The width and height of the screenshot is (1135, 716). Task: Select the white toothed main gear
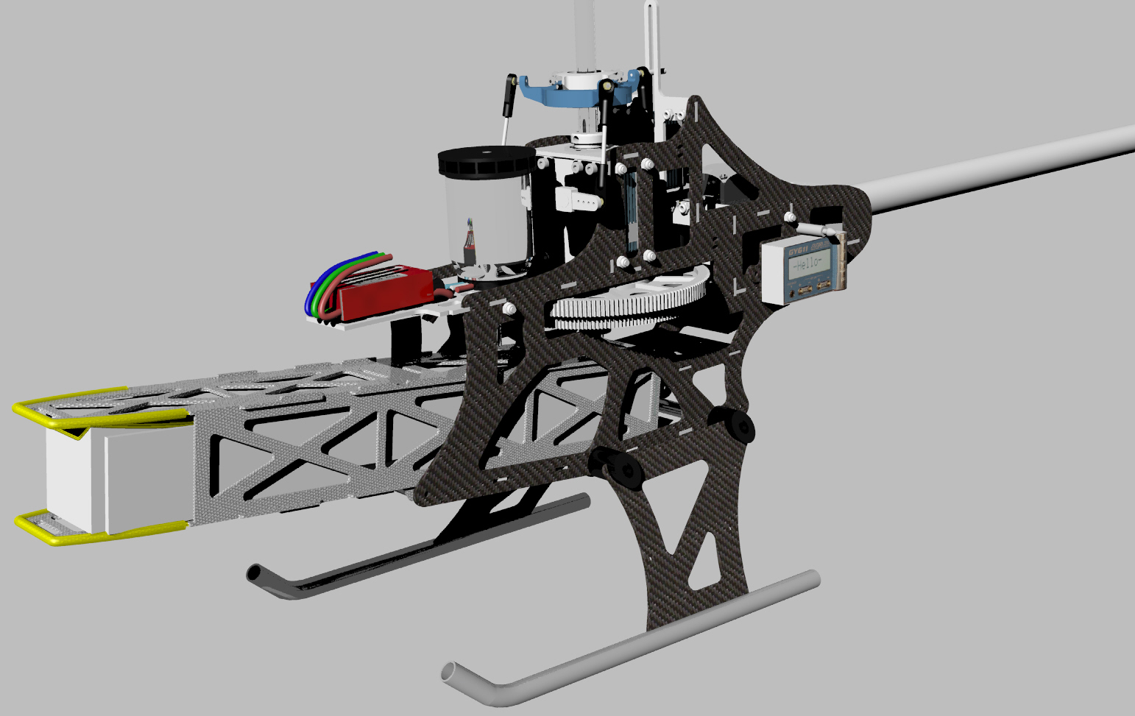click(626, 301)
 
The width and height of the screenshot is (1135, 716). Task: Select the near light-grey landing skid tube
click(633, 640)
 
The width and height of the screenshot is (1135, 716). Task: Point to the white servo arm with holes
click(578, 199)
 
